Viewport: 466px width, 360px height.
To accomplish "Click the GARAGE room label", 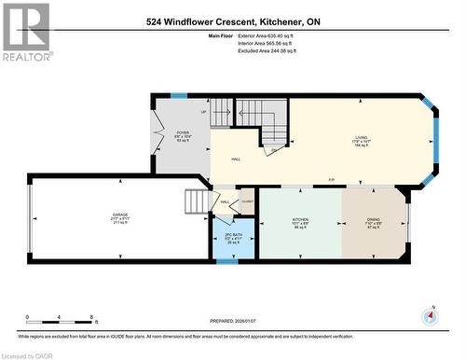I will (120, 214).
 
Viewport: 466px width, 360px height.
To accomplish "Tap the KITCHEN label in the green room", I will (300, 221).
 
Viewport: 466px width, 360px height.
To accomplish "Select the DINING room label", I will (372, 220).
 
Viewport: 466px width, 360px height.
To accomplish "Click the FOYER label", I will (184, 132).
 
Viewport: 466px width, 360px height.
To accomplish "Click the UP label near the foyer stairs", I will (204, 111).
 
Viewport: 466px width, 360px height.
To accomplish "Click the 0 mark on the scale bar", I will (27, 318).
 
